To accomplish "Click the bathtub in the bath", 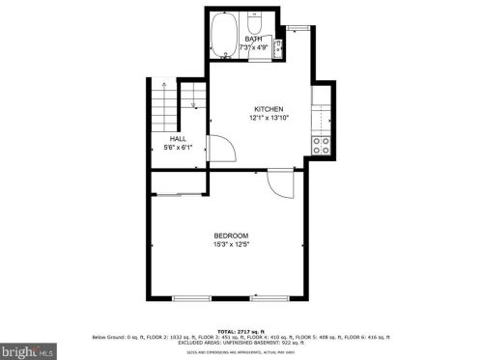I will click(x=226, y=37).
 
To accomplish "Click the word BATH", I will click(x=253, y=40).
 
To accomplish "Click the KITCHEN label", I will click(x=268, y=109).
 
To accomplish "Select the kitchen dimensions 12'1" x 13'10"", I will click(x=268, y=118).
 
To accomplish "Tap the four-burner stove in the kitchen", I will click(x=322, y=146).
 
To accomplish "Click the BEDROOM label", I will click(x=231, y=236).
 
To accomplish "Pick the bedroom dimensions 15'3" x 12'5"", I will click(x=231, y=245).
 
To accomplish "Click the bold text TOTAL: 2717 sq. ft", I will click(x=241, y=330).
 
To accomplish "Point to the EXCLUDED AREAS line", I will click(x=241, y=342).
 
